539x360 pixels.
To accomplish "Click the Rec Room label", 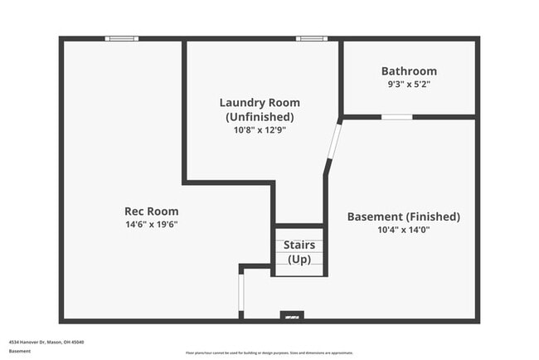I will point(151,212).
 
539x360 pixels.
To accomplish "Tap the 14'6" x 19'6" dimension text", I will point(151,224).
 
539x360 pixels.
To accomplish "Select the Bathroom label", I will point(409,71).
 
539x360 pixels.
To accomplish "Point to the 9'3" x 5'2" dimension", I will point(409,84).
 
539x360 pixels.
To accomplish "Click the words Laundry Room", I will point(260,103).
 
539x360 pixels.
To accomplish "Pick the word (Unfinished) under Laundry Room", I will point(260,116).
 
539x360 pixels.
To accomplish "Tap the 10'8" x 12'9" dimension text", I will point(260,129).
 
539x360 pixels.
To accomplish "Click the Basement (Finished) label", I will point(403,216).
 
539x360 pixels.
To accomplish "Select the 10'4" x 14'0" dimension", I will point(403,230).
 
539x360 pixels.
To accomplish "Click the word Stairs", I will point(299,246).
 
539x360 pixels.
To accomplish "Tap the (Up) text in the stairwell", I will point(299,260).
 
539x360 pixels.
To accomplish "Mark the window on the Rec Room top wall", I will point(121,38).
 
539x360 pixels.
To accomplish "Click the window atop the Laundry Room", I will point(312,38).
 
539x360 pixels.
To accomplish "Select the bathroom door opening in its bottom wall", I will point(396,117).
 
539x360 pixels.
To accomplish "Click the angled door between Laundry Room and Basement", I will point(333,147).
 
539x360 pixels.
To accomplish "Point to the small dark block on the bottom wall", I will point(292,316).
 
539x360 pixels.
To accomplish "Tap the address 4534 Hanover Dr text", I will point(46,342).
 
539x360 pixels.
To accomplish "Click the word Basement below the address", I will point(21,351).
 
